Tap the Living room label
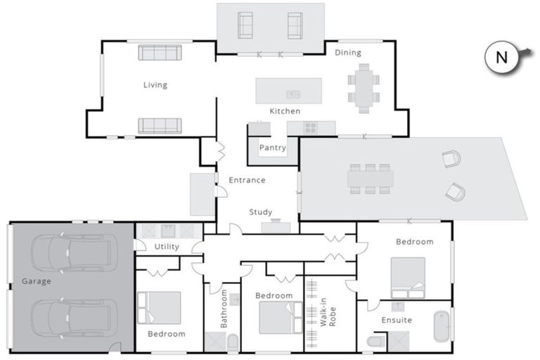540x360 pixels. coord(155,85)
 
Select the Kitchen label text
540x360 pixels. coord(285,111)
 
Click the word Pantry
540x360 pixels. coord(272,148)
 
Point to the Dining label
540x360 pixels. coord(347,53)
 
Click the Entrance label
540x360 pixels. coord(247,180)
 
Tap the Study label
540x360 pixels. coord(260,212)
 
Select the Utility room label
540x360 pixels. coord(167,247)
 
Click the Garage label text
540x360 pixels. coord(36,281)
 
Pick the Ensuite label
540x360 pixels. coord(397,320)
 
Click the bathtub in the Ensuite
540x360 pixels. coord(442,326)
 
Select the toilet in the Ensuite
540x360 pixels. coord(376,342)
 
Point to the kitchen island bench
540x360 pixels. coord(288,91)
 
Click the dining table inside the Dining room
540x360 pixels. coord(364,89)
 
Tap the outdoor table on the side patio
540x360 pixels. coord(370,179)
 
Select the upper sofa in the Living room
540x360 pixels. coord(160,53)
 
